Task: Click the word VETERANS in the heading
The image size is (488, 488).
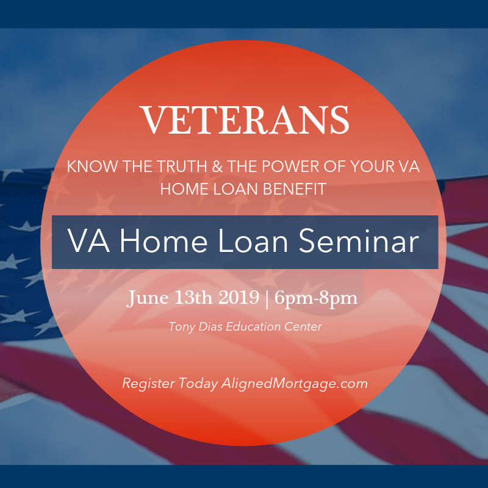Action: point(246,120)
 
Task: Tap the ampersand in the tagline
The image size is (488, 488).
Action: point(217,167)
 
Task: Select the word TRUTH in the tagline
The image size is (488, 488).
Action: point(182,167)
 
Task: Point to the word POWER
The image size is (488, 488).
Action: point(290,167)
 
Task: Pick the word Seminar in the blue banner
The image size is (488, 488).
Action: point(359,241)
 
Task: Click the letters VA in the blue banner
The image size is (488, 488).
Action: point(88,241)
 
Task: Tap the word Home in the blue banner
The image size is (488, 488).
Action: point(163,241)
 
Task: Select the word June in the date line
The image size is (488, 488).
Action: point(148,298)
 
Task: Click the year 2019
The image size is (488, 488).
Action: point(239,298)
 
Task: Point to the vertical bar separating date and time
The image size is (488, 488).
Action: point(267,299)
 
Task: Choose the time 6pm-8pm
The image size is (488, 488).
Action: point(316,298)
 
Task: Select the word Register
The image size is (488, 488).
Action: point(148,384)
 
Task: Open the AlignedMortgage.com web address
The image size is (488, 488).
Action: point(295,384)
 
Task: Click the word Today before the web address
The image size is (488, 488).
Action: point(198,384)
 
